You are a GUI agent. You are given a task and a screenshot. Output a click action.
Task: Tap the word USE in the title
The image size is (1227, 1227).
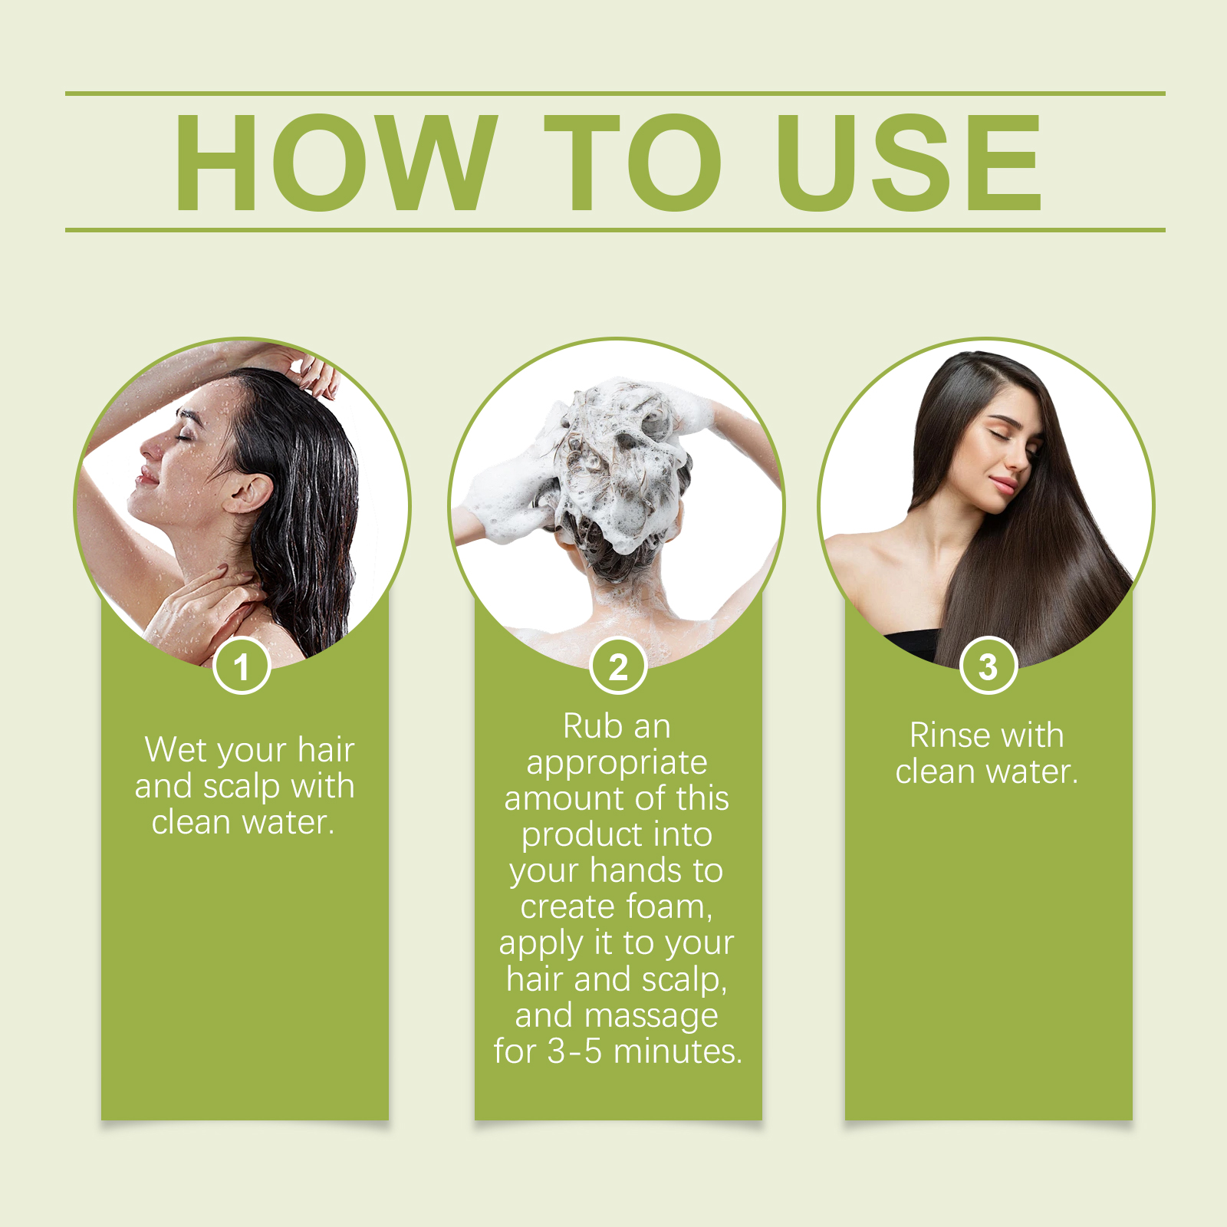(x=910, y=162)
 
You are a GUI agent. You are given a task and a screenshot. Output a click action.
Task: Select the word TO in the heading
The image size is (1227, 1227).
(x=633, y=162)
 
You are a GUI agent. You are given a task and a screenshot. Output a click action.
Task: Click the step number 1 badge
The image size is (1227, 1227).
(x=242, y=666)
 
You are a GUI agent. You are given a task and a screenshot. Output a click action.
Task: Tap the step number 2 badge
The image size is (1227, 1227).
(x=618, y=666)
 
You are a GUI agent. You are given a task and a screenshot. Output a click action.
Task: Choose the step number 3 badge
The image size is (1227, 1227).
(x=989, y=666)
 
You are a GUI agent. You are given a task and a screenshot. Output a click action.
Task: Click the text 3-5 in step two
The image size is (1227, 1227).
(x=574, y=1051)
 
